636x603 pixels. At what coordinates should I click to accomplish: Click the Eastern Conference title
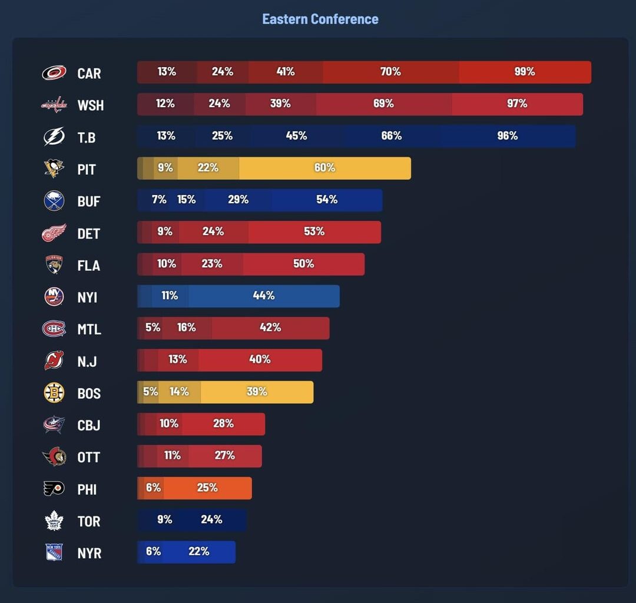(x=320, y=19)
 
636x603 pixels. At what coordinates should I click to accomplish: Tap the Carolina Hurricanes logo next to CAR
(x=54, y=73)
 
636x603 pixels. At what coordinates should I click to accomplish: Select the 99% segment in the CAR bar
(x=524, y=72)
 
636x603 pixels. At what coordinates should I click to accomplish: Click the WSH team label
(x=90, y=105)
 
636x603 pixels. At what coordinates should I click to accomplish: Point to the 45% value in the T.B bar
(x=296, y=136)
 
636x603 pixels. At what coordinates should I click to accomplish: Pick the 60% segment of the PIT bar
(x=324, y=168)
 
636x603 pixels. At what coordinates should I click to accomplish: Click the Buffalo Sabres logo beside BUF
(x=54, y=201)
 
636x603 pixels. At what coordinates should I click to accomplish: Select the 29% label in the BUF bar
(x=238, y=200)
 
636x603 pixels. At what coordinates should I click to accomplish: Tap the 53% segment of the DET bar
(x=314, y=232)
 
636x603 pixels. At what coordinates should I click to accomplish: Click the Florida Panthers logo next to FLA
(x=54, y=265)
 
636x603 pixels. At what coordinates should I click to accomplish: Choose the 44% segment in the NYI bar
(x=264, y=296)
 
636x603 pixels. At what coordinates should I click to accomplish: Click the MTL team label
(x=89, y=329)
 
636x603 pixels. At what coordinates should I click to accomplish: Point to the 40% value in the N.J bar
(x=260, y=359)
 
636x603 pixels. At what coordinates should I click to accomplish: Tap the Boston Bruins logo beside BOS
(x=54, y=393)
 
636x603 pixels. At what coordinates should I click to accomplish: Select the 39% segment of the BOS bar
(x=257, y=392)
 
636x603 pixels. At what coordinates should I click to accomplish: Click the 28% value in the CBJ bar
(x=223, y=423)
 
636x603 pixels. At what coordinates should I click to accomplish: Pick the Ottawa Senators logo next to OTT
(x=54, y=457)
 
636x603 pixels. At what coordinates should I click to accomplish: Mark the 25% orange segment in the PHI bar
(x=207, y=488)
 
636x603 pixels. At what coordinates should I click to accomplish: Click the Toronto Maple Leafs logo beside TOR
(x=54, y=521)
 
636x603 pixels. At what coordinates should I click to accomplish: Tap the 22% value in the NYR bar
(x=199, y=552)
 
